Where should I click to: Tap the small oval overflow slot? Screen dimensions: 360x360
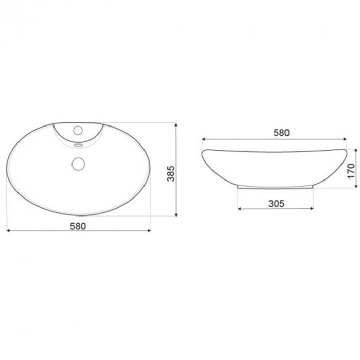pyautogui.click(x=78, y=145)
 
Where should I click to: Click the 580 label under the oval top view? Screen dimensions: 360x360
pyautogui.click(x=78, y=225)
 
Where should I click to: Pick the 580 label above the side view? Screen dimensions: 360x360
pyautogui.click(x=281, y=132)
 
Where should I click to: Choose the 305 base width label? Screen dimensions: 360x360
pyautogui.click(x=277, y=203)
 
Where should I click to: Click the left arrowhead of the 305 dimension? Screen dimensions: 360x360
pyautogui.click(x=239, y=209)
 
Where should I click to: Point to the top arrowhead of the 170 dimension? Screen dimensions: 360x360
pyautogui.click(x=355, y=150)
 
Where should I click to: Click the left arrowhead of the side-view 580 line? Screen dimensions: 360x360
pyautogui.click(x=204, y=139)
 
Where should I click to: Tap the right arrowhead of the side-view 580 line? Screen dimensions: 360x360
pyautogui.click(x=344, y=139)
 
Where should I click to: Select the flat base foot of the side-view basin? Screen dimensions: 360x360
pyautogui.click(x=275, y=186)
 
